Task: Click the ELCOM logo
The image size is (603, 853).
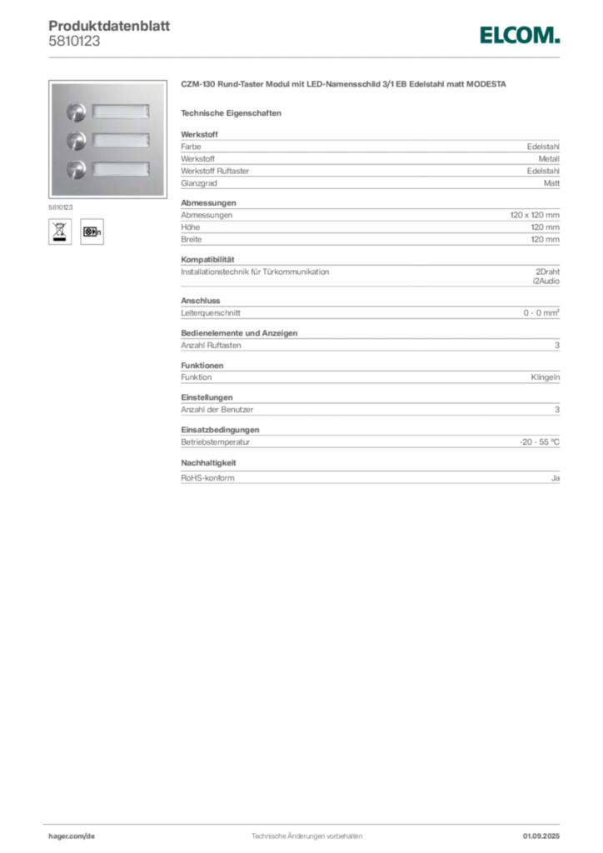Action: pyautogui.click(x=519, y=35)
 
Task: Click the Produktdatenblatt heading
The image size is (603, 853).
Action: pyautogui.click(x=109, y=26)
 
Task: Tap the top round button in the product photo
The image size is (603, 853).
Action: pyautogui.click(x=76, y=112)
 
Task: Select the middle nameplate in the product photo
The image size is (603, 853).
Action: pyautogui.click(x=120, y=140)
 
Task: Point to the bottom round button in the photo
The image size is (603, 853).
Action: pyautogui.click(x=76, y=169)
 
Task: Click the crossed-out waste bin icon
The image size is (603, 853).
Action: pyautogui.click(x=60, y=232)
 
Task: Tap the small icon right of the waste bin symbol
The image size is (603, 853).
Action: pyautogui.click(x=92, y=232)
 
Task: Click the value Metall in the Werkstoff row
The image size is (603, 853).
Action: pyautogui.click(x=549, y=159)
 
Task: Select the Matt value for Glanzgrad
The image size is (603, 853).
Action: pyautogui.click(x=551, y=183)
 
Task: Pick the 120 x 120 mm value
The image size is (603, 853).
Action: pyautogui.click(x=535, y=215)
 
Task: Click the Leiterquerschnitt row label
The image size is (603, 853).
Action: pyautogui.click(x=211, y=313)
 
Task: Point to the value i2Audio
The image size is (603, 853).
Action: pyautogui.click(x=546, y=281)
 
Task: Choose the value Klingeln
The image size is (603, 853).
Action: pyautogui.click(x=546, y=377)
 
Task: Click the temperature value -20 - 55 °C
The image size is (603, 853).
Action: pyautogui.click(x=540, y=441)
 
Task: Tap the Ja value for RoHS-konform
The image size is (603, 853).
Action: pyautogui.click(x=556, y=477)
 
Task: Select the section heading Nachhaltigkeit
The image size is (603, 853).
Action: pyautogui.click(x=208, y=463)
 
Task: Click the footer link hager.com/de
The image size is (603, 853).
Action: pyautogui.click(x=72, y=836)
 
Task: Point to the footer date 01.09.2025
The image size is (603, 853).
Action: pyautogui.click(x=541, y=836)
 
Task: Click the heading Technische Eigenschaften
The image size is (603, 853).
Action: pyautogui.click(x=231, y=113)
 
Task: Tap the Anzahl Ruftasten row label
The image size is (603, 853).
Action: pyautogui.click(x=211, y=345)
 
